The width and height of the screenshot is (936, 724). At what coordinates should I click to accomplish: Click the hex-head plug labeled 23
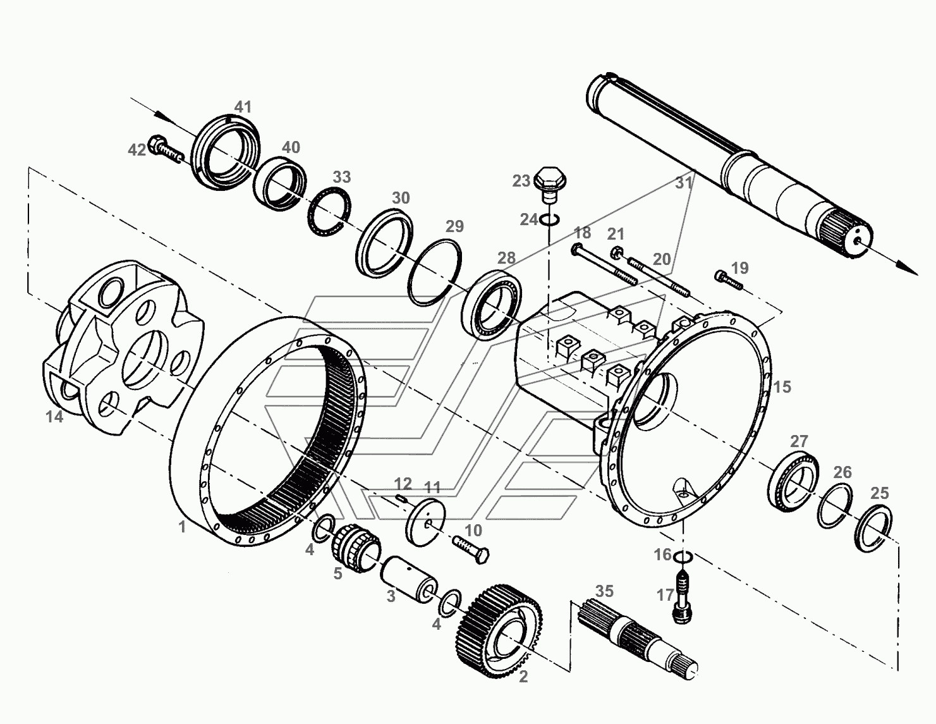(x=550, y=185)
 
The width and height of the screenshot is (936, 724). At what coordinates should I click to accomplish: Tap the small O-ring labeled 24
(x=550, y=219)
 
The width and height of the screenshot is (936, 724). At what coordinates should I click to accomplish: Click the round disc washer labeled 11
(x=426, y=522)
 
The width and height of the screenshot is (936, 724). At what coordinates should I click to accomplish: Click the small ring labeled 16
(x=683, y=557)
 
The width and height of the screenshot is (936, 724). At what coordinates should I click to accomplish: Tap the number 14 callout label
(x=54, y=417)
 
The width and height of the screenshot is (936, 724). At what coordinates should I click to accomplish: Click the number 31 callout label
(x=684, y=183)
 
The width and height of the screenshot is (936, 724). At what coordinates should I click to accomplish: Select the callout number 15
(x=782, y=387)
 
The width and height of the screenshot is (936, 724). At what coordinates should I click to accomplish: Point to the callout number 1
(x=182, y=527)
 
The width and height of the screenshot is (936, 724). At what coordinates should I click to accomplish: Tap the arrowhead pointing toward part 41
(x=161, y=117)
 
